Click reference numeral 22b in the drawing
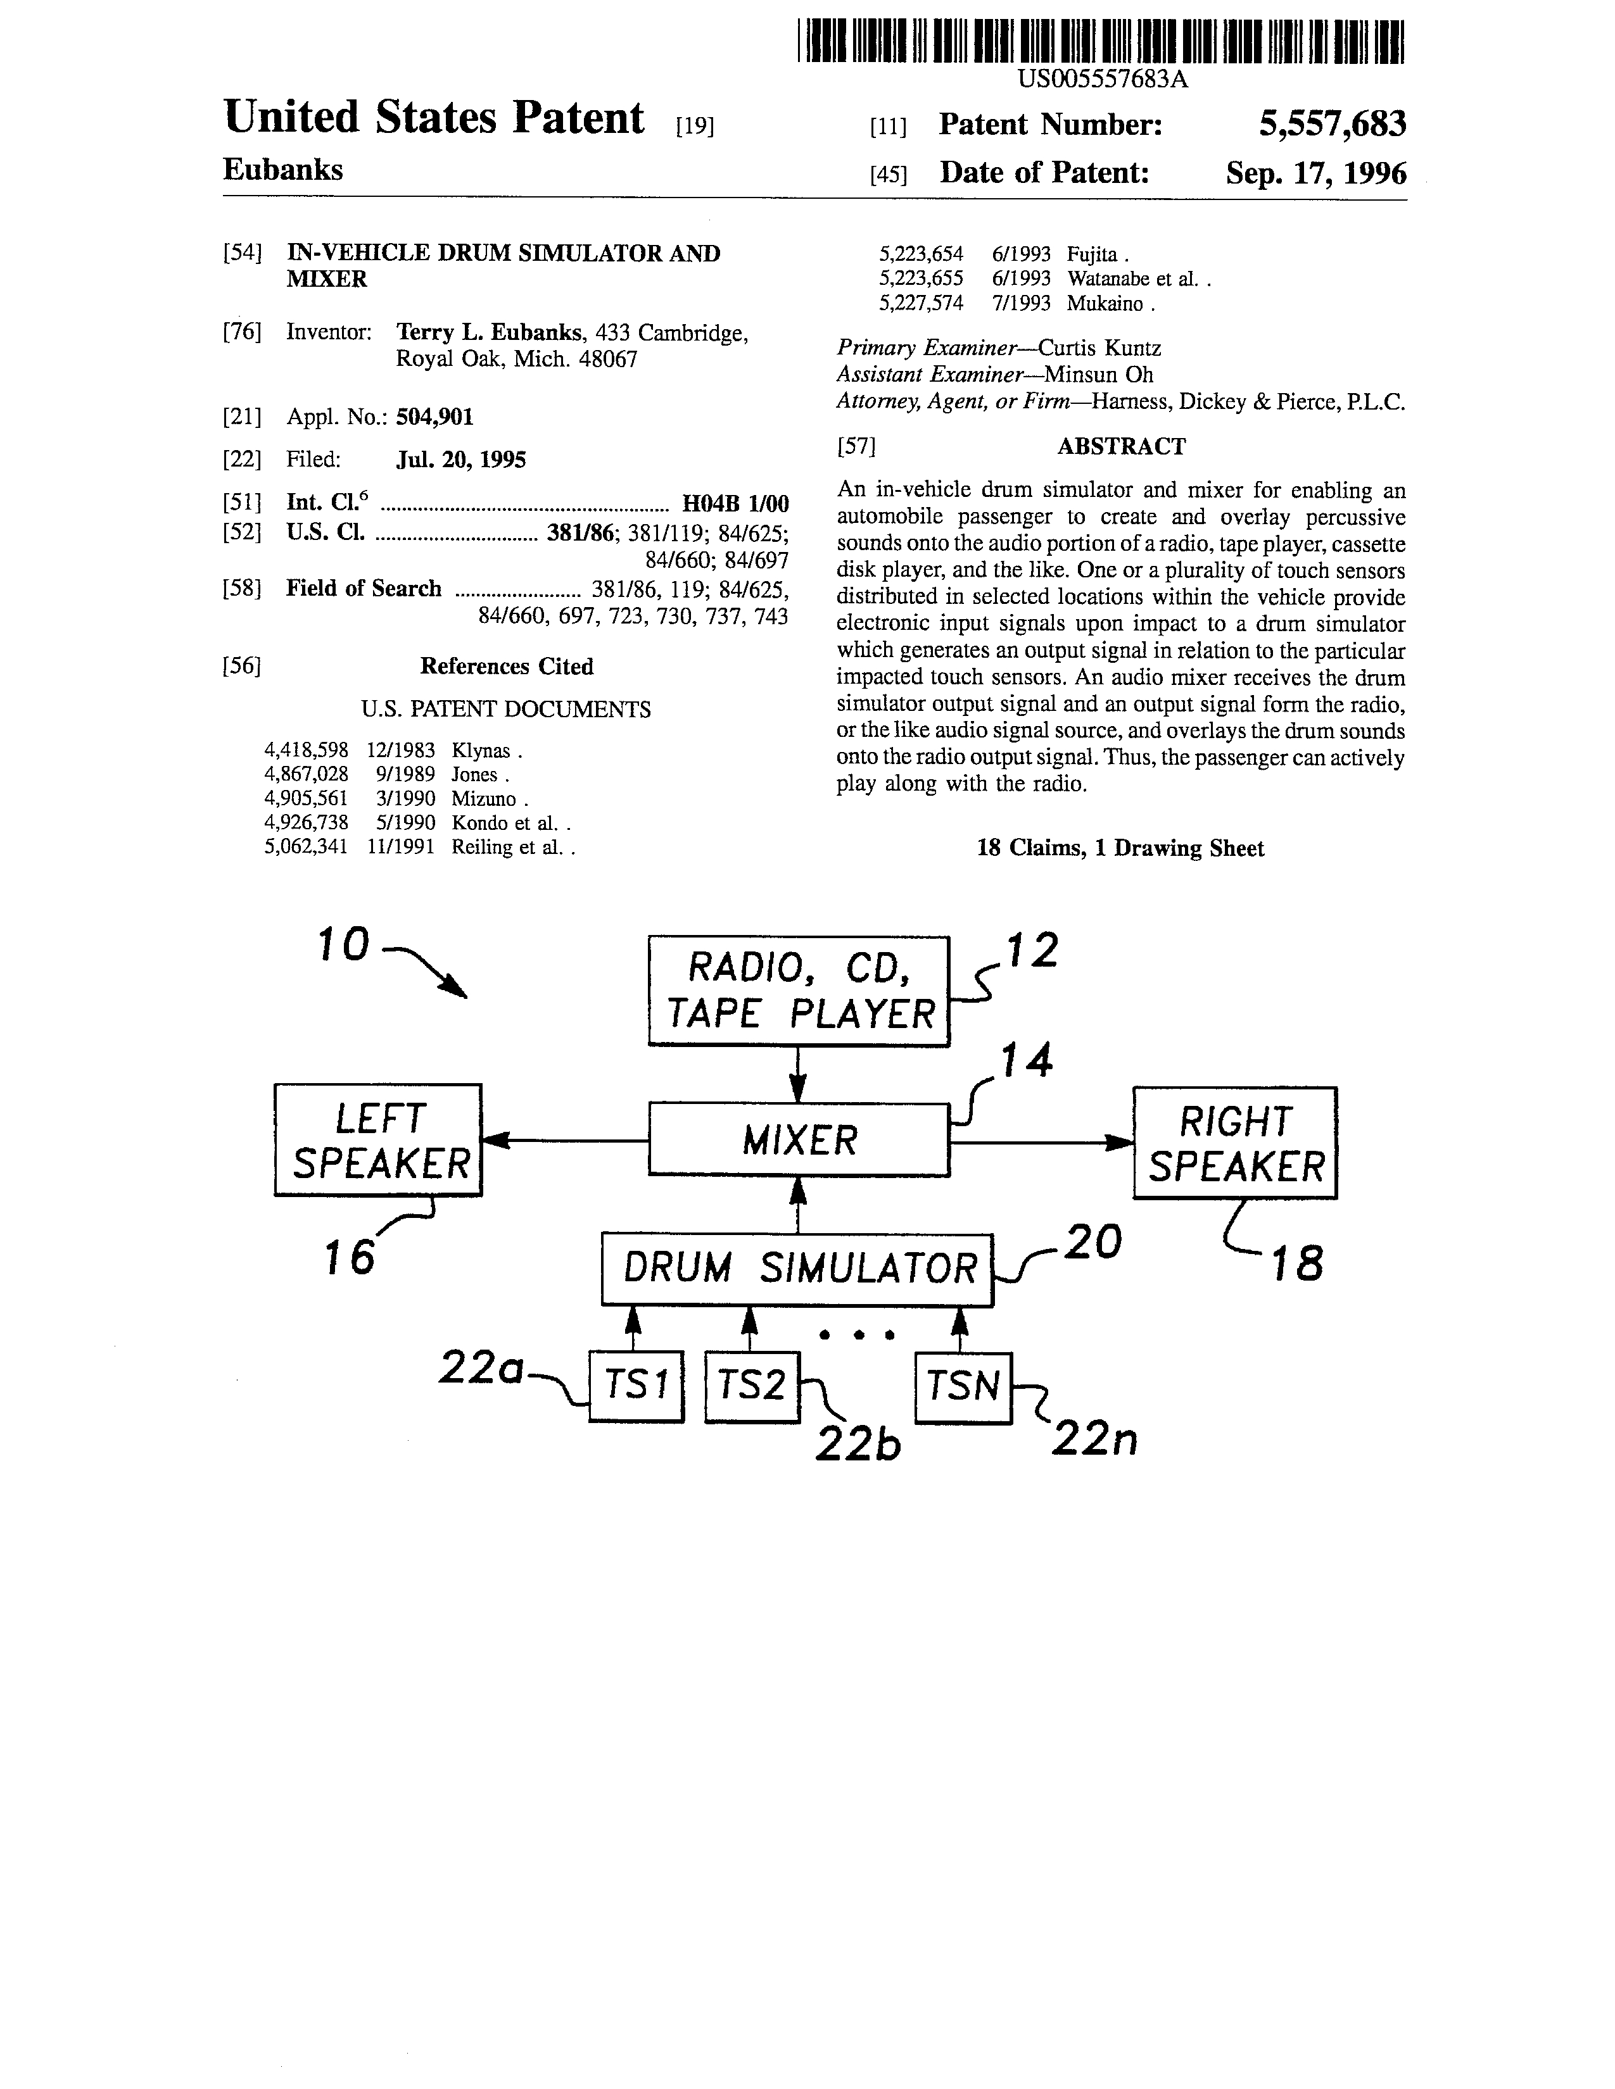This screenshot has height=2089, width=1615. pyautogui.click(x=858, y=1445)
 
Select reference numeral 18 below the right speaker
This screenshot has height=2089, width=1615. pyautogui.click(x=1296, y=1265)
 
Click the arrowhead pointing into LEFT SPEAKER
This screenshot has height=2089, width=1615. pyautogui.click(x=496, y=1140)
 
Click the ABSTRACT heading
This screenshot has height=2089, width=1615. pyautogui.click(x=1121, y=447)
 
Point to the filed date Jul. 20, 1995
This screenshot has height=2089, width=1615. pyautogui.click(x=461, y=460)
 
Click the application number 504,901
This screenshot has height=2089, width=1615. pyautogui.click(x=434, y=417)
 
